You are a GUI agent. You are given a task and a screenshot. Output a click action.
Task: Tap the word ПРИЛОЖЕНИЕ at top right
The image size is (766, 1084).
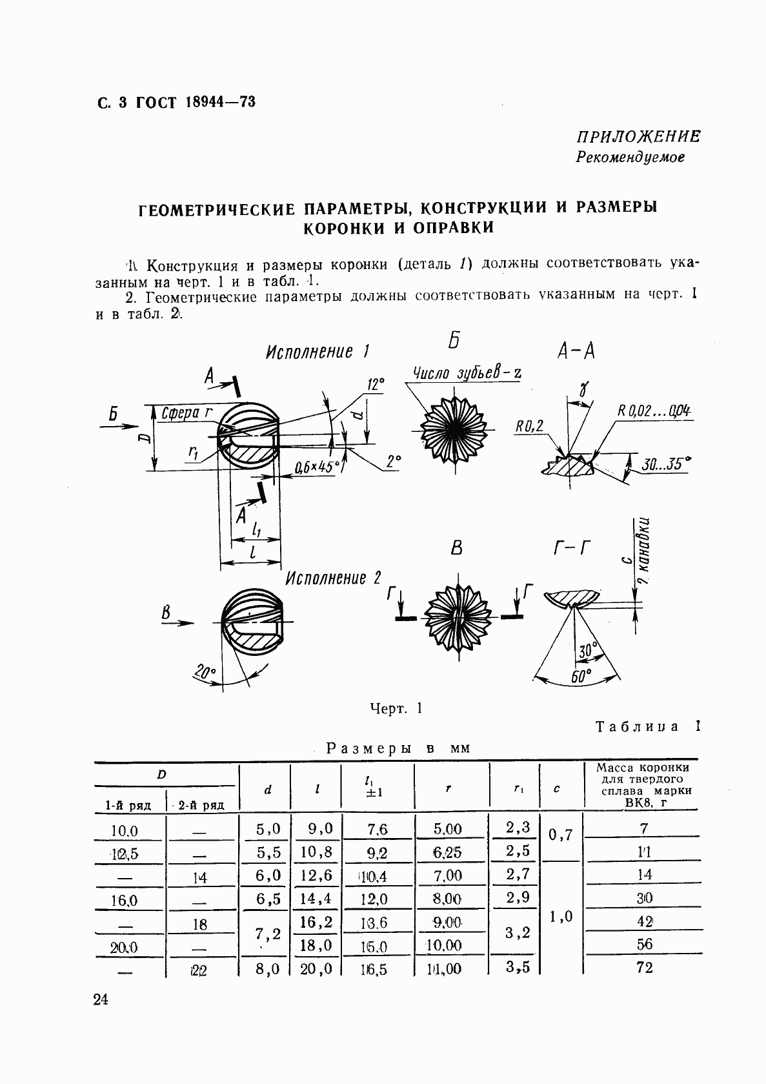tap(638, 136)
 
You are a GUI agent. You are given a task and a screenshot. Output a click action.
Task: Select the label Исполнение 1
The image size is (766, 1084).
tap(317, 352)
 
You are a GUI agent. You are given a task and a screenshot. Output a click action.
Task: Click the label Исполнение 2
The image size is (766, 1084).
tap(334, 578)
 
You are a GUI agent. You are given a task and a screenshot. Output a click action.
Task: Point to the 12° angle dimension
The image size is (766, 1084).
tap(376, 385)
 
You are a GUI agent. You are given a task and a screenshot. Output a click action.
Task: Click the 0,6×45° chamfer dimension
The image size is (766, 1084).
tap(317, 467)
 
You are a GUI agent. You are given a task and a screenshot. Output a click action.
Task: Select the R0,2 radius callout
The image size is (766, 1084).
tap(529, 425)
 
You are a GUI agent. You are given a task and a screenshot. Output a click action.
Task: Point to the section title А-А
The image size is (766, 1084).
tap(575, 351)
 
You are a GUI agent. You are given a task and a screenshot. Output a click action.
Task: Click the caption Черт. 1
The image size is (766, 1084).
tap(396, 708)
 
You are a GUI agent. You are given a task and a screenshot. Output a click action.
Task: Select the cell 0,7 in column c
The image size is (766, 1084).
tap(560, 835)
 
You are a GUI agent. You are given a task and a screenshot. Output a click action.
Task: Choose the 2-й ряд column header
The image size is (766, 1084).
tap(201, 805)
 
